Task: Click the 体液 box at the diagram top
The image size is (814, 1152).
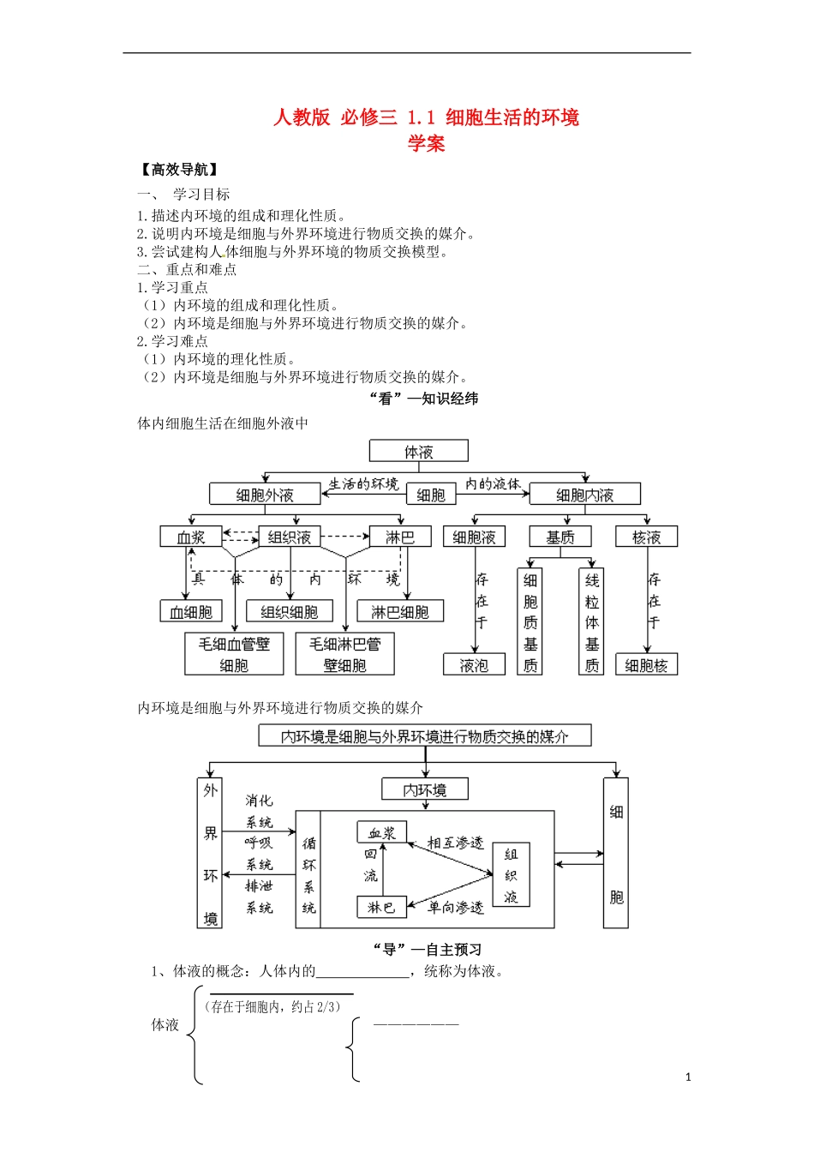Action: tap(418, 451)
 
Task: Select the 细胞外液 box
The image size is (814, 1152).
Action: tap(264, 495)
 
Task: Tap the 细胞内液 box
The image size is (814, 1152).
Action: tap(584, 495)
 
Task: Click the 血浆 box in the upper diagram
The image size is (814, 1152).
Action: tap(190, 537)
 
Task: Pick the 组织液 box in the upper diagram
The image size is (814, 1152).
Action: tap(289, 537)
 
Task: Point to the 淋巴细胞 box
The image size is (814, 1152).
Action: tap(399, 612)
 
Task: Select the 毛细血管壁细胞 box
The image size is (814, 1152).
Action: tap(233, 654)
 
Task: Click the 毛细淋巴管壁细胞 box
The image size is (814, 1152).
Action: tap(344, 654)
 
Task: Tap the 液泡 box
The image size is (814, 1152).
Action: tap(474, 665)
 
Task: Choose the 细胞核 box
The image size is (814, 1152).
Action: tap(646, 665)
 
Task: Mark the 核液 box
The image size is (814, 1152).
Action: tap(646, 537)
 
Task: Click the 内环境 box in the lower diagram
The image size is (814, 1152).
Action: tap(424, 789)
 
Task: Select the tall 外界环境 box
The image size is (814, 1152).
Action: tap(210, 854)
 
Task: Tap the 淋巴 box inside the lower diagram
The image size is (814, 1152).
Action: tap(381, 907)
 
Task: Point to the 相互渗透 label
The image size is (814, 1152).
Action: tap(455, 843)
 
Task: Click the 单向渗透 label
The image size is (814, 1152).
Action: tap(455, 907)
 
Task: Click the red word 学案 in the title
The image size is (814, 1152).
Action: tap(426, 143)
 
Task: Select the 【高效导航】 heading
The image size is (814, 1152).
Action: tap(178, 170)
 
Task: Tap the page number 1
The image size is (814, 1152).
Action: tap(688, 1077)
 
